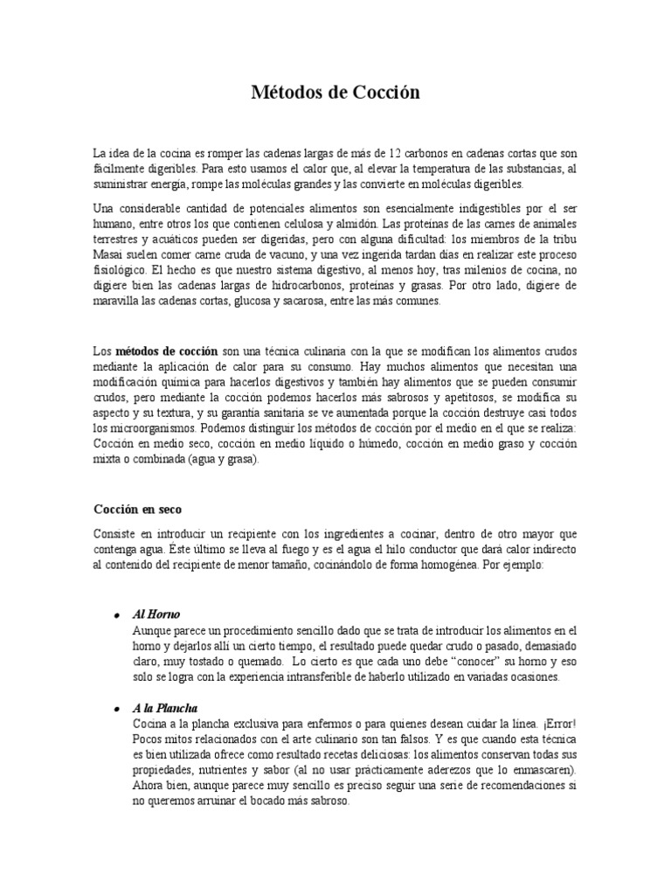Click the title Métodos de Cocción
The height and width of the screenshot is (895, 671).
(335, 93)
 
